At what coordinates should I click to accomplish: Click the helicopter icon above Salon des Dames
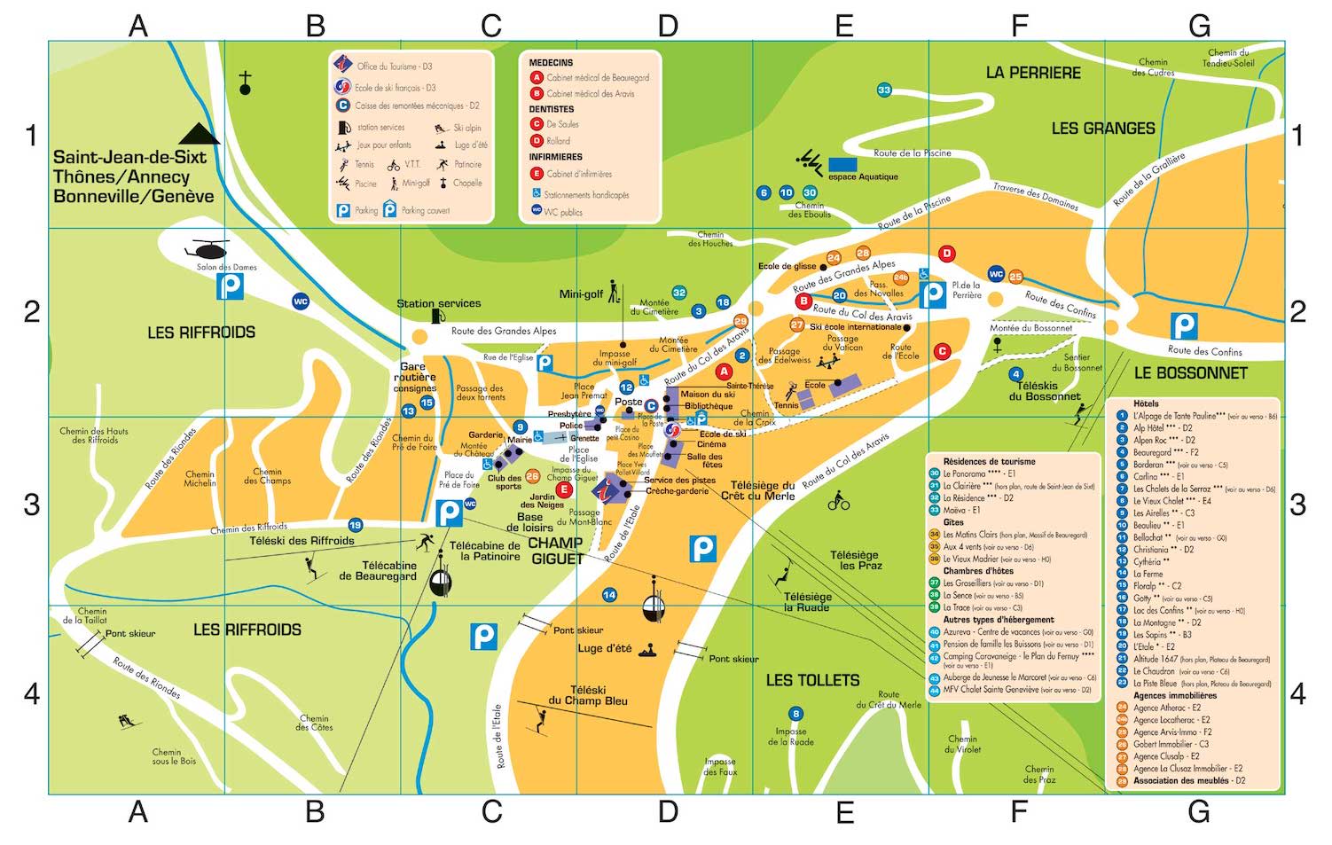click(206, 248)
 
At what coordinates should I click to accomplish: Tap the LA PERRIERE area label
click(1033, 73)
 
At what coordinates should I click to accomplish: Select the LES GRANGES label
click(1102, 129)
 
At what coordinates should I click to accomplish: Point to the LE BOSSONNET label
click(1190, 373)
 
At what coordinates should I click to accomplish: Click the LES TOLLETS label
click(812, 680)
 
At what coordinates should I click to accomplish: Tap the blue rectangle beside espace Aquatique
click(842, 164)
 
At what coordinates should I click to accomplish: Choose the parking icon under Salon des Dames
click(231, 286)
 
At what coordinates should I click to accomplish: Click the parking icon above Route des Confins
click(1184, 325)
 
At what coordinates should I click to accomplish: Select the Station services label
click(438, 303)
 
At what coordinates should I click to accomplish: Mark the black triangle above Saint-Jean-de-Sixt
click(199, 134)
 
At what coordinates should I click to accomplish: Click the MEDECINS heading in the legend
click(551, 63)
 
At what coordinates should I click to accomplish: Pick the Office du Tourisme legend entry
click(394, 67)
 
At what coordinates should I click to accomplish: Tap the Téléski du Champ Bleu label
click(587, 695)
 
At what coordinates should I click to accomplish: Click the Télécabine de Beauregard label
click(377, 570)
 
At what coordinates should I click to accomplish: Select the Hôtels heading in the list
click(1146, 403)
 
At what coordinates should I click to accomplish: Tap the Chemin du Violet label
click(962, 743)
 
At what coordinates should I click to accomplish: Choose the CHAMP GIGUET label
click(556, 551)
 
